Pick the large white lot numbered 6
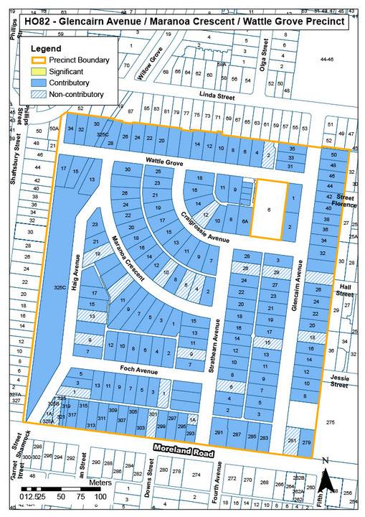pos(268,210)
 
